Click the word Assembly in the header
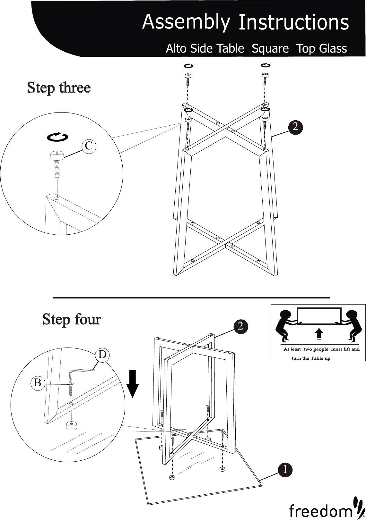pyautogui.click(x=186, y=22)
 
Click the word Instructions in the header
pyautogui.click(x=293, y=22)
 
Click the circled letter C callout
pyautogui.click(x=89, y=146)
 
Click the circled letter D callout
pyautogui.click(x=102, y=355)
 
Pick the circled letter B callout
pyautogui.click(x=38, y=382)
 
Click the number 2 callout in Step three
pyautogui.click(x=296, y=126)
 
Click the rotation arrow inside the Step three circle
pyautogui.click(x=58, y=137)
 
